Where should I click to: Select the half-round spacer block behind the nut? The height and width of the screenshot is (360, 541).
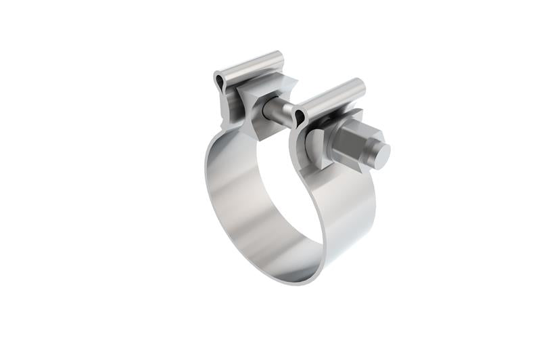[316, 146]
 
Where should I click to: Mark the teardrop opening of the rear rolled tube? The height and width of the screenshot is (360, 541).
[218, 82]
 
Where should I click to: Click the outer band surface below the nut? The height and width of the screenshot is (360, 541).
[352, 203]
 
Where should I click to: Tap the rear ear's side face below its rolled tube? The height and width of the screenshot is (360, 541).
[230, 108]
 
